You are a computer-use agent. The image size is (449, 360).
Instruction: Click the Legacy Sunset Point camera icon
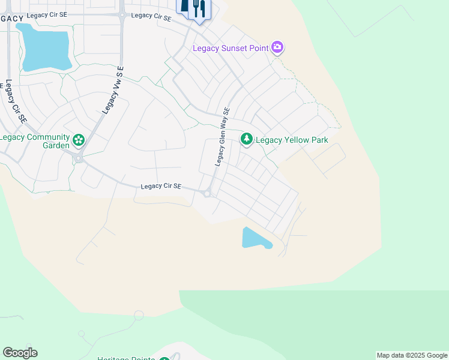tap(277, 47)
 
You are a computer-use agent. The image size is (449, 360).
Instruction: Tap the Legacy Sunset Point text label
tap(231, 48)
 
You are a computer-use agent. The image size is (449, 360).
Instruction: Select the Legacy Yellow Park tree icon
tap(246, 139)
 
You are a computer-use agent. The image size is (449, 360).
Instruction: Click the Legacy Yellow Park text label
tap(292, 140)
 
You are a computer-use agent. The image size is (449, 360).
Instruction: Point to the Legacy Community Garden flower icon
tap(79, 141)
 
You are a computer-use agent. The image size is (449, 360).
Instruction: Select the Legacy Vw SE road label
tap(112, 90)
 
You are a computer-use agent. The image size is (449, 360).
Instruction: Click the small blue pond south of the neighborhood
tap(255, 238)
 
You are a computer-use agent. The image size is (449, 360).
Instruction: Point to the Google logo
tap(20, 353)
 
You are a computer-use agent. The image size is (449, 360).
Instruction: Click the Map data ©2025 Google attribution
tap(412, 355)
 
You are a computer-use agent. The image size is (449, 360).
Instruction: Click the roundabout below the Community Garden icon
tap(78, 158)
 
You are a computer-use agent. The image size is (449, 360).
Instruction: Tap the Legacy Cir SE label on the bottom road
tap(161, 187)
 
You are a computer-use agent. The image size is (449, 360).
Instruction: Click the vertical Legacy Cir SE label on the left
tap(16, 102)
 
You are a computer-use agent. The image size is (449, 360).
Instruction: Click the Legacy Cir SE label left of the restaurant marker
tap(151, 16)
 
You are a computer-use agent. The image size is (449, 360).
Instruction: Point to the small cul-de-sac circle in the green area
tap(139, 315)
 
